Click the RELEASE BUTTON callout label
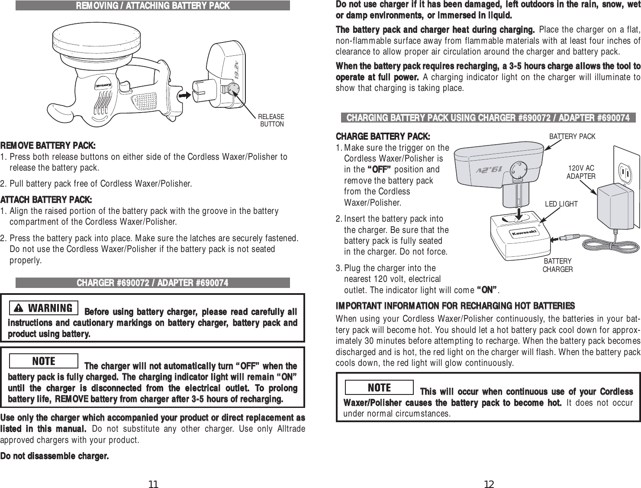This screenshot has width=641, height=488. pos(271,120)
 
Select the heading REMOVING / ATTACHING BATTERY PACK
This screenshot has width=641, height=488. pos(153,6)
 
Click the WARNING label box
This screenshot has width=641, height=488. pos(43,308)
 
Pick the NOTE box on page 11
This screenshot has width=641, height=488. pos(44,361)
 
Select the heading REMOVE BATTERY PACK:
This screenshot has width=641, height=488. pos(48,144)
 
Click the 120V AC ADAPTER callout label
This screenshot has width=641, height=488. pos(581,172)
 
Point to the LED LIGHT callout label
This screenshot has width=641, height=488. pos(561,204)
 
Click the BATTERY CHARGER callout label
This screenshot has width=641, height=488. pos(557,265)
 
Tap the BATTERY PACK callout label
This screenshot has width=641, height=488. pos(572,136)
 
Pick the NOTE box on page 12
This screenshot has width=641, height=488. pos(380,387)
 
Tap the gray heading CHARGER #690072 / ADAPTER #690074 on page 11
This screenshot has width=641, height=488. pos(153,283)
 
